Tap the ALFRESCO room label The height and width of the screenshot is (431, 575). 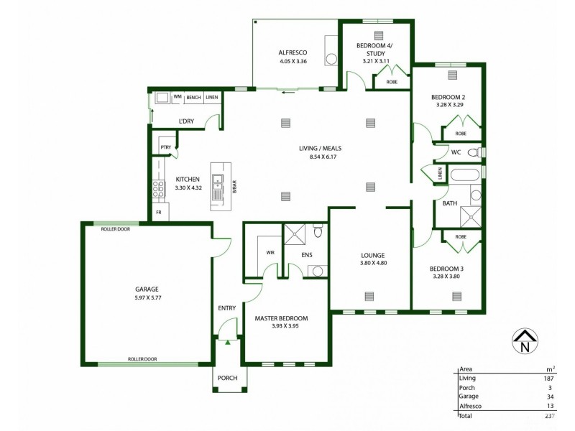coord(293,52)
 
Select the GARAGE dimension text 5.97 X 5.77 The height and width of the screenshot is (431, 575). coord(146,298)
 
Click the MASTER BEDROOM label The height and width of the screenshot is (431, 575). coord(282,318)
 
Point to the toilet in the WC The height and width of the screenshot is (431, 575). coord(473,152)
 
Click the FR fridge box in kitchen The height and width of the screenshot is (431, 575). coord(158,213)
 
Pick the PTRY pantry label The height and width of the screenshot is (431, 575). coord(166,148)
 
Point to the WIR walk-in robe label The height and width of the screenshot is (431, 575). coord(270,252)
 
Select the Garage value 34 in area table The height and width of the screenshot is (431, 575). coord(549,396)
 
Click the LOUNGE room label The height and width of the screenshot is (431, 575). coord(373,255)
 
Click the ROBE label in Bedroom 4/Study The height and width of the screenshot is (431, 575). coord(392,82)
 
